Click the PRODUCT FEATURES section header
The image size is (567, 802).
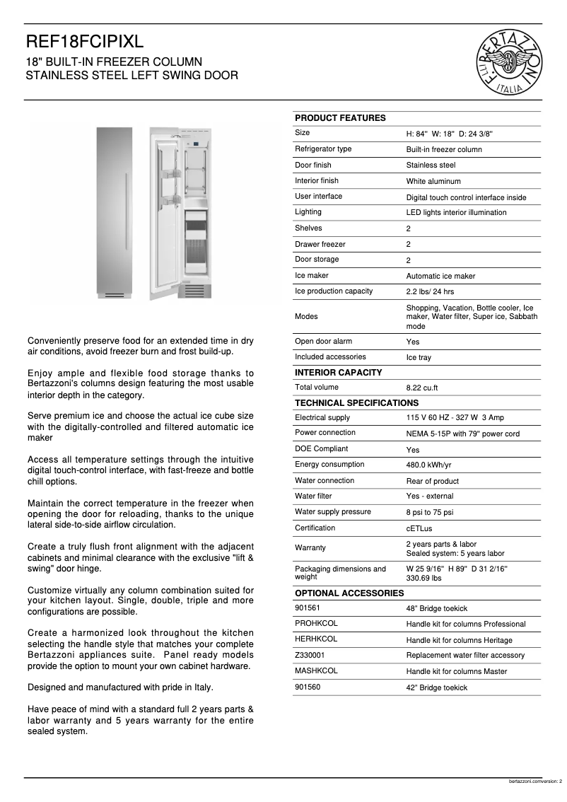pos(340,118)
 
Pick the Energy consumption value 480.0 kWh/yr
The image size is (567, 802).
pos(428,465)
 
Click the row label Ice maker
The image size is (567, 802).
pos(311,276)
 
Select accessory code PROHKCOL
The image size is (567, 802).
pos(316,623)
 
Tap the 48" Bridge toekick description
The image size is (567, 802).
pos(436,608)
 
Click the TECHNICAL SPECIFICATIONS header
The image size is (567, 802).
pos(356,403)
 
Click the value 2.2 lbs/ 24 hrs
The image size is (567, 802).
pos(430,292)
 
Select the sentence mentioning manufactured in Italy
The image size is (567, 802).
pos(119,687)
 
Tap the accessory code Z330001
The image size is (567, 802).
pos(310,655)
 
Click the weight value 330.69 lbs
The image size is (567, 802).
pos(423,578)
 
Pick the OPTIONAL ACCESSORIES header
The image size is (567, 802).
pos(349,593)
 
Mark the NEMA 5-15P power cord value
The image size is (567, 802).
pos(462,434)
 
